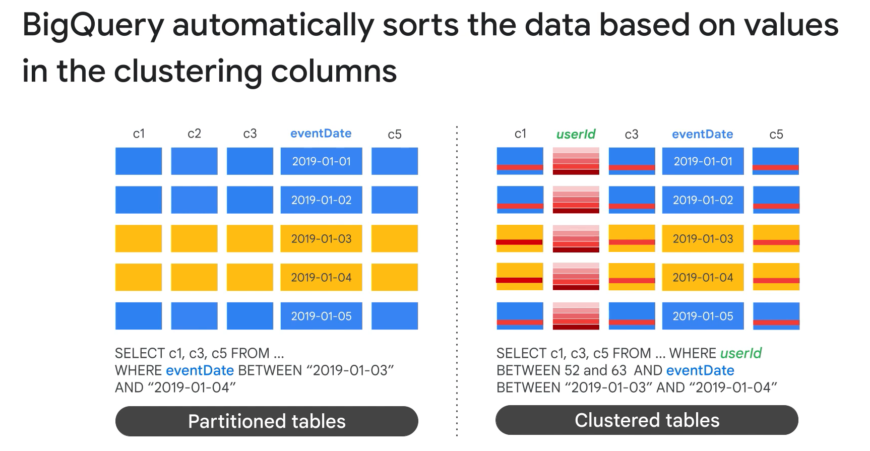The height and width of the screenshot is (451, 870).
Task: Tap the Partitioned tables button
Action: click(267, 421)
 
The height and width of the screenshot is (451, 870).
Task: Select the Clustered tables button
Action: click(647, 420)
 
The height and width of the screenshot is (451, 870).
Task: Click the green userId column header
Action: click(576, 134)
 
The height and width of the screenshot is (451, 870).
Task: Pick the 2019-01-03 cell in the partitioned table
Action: click(321, 239)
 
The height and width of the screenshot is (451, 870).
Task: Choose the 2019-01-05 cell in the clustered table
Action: click(703, 316)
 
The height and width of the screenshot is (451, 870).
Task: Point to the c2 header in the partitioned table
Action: click(194, 134)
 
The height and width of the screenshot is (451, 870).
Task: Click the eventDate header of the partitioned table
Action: click(321, 134)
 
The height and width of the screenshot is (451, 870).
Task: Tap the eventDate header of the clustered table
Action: click(703, 134)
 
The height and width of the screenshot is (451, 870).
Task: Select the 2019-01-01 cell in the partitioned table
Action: click(321, 161)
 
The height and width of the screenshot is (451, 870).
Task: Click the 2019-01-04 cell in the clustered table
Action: click(703, 277)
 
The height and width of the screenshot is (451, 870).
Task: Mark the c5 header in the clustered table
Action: click(776, 135)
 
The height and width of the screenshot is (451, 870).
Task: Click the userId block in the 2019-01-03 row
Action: click(576, 239)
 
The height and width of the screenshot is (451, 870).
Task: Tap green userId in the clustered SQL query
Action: click(741, 353)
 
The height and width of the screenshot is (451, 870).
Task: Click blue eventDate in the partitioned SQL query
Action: click(200, 370)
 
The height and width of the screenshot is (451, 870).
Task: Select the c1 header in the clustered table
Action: click(520, 134)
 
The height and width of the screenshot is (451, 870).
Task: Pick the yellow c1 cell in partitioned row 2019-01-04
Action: click(139, 277)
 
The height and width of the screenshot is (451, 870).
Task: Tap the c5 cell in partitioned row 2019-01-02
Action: click(395, 200)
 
